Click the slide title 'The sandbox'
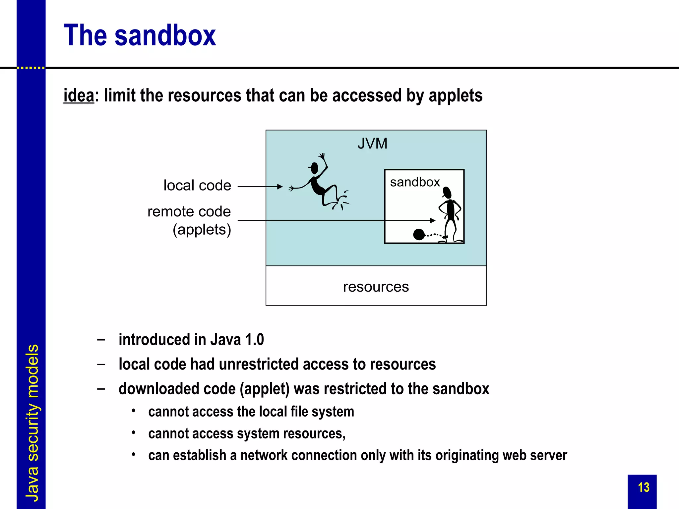tap(140, 35)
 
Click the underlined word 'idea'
tap(79, 95)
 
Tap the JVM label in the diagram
tap(372, 144)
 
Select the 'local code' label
tap(197, 186)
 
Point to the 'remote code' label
tap(189, 212)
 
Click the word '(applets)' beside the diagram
tap(202, 230)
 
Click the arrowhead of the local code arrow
tap(280, 187)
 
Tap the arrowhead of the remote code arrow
tap(432, 220)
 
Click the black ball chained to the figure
tap(419, 235)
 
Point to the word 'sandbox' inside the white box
tap(415, 182)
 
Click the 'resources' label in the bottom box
tap(376, 287)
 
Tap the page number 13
tap(644, 487)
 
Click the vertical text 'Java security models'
tap(32, 423)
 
